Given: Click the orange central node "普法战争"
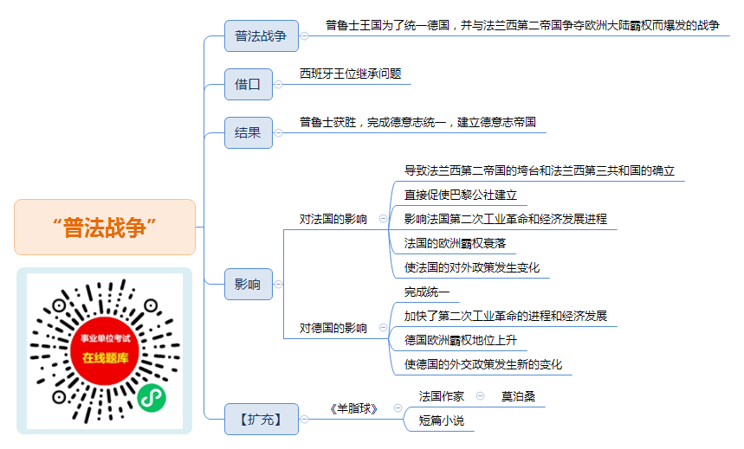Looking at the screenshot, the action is click(x=105, y=228).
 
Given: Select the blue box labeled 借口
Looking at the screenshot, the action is click(x=249, y=85).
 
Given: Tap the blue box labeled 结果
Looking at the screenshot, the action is click(x=249, y=132).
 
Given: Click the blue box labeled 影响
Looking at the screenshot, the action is click(x=249, y=284).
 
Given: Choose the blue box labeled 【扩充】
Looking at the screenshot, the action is click(x=262, y=419).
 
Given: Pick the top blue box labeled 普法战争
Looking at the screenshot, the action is click(x=262, y=35).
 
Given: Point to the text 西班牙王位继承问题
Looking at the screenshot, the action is click(x=351, y=74).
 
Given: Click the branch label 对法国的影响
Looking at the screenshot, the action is click(x=333, y=219).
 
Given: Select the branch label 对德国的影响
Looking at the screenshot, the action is click(x=333, y=328).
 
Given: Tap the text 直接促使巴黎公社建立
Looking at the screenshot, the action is click(x=460, y=195).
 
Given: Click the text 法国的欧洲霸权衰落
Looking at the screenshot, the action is click(x=455, y=243).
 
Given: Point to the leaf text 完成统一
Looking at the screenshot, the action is click(x=427, y=292).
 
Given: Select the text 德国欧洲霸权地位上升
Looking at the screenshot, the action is click(x=460, y=340).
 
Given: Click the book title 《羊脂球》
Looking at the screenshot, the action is click(x=354, y=408).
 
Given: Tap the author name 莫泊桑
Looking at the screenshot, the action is click(x=518, y=396).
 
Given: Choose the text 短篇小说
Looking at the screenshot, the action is click(x=441, y=420).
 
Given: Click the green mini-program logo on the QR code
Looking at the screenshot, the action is click(x=152, y=397).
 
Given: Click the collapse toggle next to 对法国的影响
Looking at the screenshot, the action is click(x=383, y=219).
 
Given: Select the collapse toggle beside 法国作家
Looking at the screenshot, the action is click(x=480, y=396).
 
